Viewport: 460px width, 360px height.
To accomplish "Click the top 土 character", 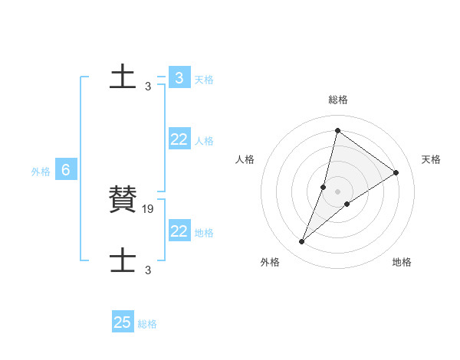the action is click(123, 77).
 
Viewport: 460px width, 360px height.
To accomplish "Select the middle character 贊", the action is click(123, 199).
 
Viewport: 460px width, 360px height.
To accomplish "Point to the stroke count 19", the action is click(149, 208).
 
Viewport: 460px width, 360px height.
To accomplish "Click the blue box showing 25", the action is click(123, 322).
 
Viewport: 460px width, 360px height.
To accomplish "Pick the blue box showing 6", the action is click(66, 170).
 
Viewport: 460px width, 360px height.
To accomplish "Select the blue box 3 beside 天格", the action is click(179, 78).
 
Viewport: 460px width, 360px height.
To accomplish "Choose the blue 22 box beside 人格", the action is click(179, 139).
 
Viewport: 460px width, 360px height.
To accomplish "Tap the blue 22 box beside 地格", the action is click(179, 231).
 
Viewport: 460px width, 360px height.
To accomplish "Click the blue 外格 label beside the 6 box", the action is click(41, 172).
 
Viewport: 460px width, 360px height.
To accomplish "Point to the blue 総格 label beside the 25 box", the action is click(147, 324).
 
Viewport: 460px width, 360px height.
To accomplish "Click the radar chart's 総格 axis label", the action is click(337, 100).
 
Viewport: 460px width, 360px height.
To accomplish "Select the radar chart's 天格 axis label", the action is click(431, 159).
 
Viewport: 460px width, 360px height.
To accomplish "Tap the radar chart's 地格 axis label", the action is click(402, 262).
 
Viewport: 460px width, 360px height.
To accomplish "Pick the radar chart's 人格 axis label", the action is click(245, 159).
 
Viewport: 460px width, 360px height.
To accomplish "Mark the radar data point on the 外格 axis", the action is click(302, 242).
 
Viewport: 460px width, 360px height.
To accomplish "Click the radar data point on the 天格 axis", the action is click(396, 172).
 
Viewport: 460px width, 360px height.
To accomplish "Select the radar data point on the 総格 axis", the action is click(337, 130).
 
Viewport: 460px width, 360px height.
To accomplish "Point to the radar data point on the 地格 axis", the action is click(347, 204).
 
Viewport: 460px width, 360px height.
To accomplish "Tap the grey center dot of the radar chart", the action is click(337, 191).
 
